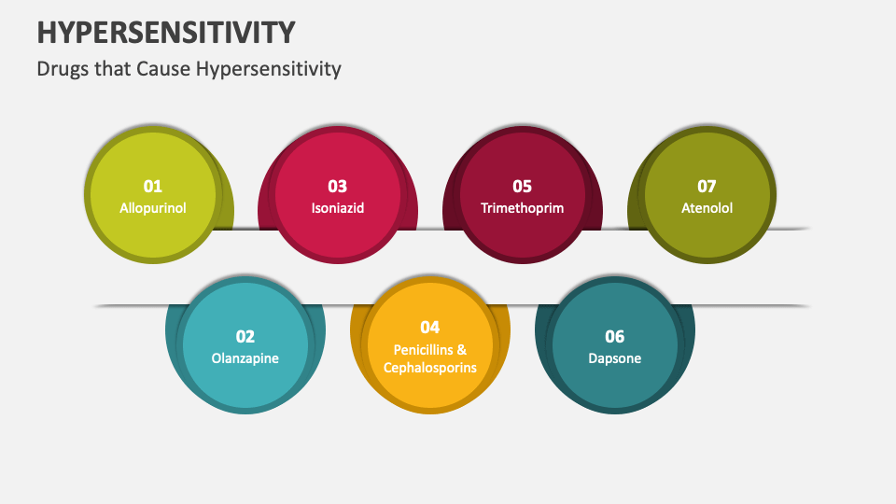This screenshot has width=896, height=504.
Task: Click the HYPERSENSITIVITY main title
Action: coord(166,32)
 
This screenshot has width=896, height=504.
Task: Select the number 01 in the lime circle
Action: coord(152,186)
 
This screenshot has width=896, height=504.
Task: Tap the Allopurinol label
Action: coord(153,208)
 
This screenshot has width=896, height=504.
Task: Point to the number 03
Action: coord(337,186)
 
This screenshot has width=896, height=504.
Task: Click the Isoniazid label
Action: coord(337,208)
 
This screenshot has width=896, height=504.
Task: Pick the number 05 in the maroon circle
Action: coord(522,186)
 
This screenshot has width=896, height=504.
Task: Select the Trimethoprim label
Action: coord(522,208)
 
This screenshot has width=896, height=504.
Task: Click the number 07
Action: coord(707,186)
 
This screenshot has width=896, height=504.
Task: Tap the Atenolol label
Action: coord(707,208)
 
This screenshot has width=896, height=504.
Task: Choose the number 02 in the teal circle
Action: coord(245,336)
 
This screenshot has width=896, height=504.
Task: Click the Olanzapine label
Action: coord(245,358)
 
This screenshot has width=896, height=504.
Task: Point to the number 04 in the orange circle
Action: coord(429,327)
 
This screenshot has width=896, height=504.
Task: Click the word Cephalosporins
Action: coord(429,368)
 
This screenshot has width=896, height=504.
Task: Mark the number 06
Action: coord(614,336)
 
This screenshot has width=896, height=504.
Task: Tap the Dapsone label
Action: coord(614,358)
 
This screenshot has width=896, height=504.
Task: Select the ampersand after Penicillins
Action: coord(461,349)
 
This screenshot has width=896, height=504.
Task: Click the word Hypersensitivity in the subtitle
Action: coord(269,69)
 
